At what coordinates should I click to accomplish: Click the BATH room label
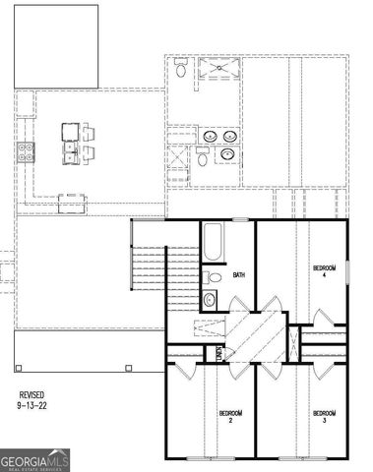tap(239, 275)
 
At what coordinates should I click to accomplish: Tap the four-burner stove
tap(26, 151)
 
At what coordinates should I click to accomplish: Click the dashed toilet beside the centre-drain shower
tap(181, 69)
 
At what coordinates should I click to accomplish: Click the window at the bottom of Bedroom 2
tap(210, 458)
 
